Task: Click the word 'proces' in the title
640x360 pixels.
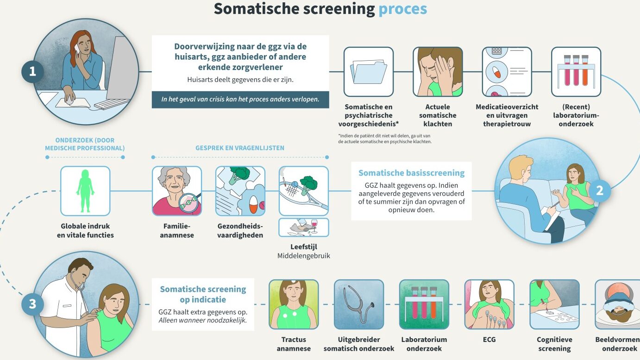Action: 402,9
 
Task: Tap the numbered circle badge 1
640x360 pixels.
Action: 32,71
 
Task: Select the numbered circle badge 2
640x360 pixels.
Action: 599,191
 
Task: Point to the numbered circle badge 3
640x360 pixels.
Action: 32,304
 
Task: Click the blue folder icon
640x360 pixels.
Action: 368,72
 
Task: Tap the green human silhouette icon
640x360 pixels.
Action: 85,191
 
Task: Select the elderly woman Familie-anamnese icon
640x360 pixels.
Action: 177,191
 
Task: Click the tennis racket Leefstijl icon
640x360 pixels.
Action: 304,191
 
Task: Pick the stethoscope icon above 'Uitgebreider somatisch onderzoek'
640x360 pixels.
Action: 359,304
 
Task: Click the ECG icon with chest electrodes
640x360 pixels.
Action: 489,304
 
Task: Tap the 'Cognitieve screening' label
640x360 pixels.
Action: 554,344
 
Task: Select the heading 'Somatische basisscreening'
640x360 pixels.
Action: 411,173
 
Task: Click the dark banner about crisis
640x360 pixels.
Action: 240,100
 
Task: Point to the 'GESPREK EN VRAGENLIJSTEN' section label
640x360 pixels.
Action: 240,148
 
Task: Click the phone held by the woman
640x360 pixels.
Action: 77,49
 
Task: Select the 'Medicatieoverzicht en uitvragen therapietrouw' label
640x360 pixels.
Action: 507,115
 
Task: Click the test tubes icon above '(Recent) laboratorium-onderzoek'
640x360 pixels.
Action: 576,72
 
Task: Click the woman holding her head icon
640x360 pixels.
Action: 438,72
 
